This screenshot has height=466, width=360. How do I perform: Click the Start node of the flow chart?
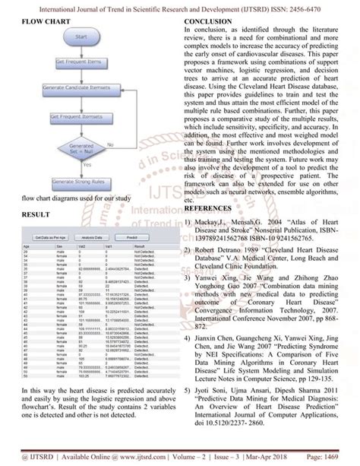pos(84,37)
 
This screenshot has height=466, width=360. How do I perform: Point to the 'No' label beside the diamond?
pos(111,141)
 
